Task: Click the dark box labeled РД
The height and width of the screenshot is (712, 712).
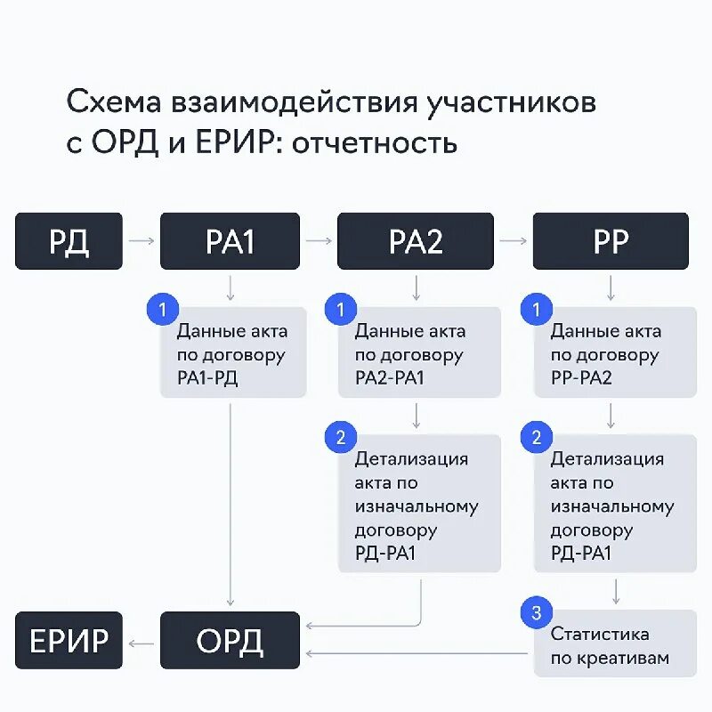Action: (68, 241)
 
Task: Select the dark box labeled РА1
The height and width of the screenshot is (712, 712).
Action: (231, 241)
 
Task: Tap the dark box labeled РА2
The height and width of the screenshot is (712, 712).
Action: (416, 241)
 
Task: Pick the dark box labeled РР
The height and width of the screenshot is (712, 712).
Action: (611, 241)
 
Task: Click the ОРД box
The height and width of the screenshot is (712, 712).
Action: (231, 640)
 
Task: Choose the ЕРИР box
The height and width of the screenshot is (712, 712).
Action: (68, 640)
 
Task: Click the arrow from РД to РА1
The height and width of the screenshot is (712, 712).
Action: (141, 240)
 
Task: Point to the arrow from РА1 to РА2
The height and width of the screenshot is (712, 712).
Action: (318, 240)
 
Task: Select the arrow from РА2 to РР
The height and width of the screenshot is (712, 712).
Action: (513, 240)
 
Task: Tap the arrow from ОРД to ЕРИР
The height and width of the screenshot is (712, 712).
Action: (141, 641)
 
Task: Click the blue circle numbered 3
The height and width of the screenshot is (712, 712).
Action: (536, 612)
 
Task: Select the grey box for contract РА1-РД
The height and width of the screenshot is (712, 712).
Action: (233, 353)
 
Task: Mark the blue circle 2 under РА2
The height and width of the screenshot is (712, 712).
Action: (340, 437)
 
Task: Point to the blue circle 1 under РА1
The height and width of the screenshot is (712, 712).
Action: (162, 310)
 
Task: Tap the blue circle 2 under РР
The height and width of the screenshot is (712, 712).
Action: (536, 437)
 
